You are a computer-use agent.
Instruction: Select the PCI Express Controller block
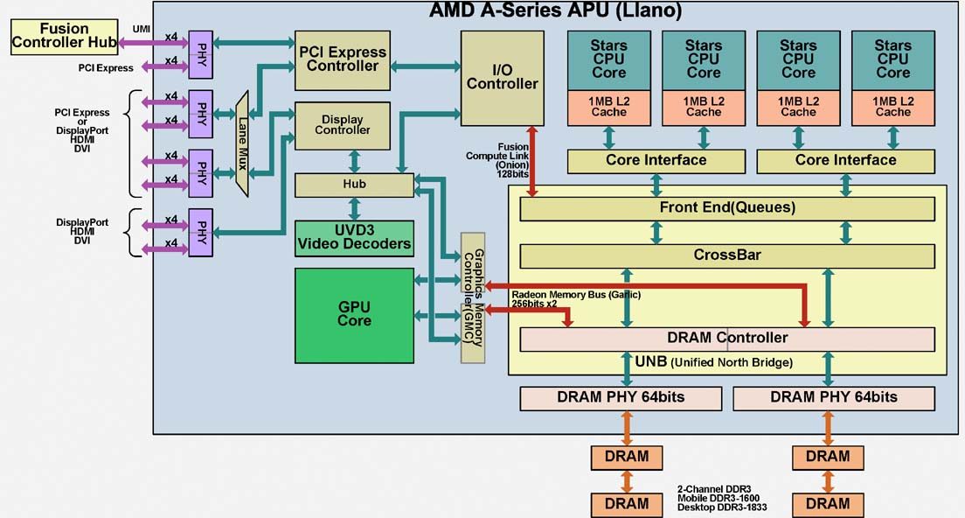tap(342, 59)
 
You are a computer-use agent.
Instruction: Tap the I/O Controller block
tap(502, 77)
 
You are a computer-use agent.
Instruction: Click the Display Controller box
tap(341, 125)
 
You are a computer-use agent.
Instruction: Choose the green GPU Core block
tap(354, 314)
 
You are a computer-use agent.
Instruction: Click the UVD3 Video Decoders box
tap(354, 238)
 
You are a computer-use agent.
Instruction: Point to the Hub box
tap(354, 185)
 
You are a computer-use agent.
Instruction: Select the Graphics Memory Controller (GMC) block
tap(473, 297)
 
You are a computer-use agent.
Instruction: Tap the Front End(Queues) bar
tap(726, 208)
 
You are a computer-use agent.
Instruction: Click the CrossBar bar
tap(726, 255)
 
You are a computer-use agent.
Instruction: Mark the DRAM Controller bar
tap(726, 338)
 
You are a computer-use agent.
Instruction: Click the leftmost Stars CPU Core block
tap(608, 59)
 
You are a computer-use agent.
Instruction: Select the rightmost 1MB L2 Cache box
tap(892, 106)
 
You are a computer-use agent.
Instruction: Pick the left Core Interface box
tap(656, 160)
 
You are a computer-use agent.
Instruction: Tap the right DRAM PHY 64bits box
tap(833, 397)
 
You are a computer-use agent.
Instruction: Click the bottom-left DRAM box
tap(627, 504)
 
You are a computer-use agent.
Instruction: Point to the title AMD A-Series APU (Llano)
tap(555, 11)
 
